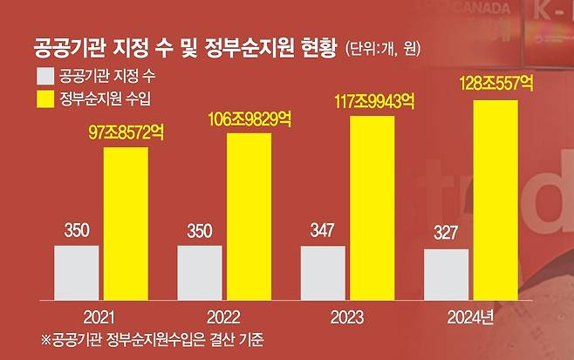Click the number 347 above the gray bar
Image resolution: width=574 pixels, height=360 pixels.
click(323, 233)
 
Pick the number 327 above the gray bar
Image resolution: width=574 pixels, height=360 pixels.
click(446, 236)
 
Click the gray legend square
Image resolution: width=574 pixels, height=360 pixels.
click(44, 73)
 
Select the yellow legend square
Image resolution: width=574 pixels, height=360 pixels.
click(44, 96)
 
